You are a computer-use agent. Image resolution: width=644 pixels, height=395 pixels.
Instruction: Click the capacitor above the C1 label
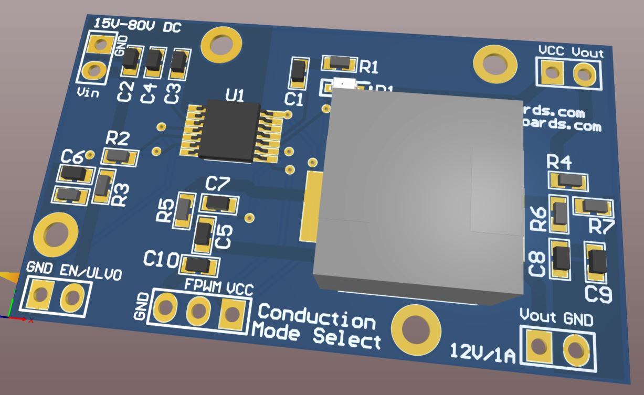click(x=299, y=71)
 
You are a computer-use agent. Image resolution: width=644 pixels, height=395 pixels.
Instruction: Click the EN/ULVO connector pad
click(x=72, y=298)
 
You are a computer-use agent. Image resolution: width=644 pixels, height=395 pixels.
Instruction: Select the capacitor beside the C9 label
click(x=596, y=262)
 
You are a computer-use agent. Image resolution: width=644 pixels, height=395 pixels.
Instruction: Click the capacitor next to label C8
click(x=560, y=259)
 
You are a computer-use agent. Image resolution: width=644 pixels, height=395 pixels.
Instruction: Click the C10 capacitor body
click(x=199, y=265)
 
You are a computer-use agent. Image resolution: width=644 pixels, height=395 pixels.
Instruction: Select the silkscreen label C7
click(x=217, y=184)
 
